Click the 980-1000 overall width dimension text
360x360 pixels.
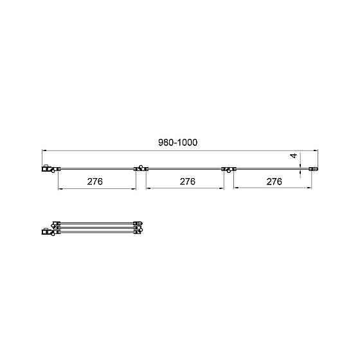click(177, 143)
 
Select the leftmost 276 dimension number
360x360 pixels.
click(95, 181)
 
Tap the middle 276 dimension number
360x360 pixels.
click(187, 181)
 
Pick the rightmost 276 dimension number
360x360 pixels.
click(274, 182)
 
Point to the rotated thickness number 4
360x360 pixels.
click(293, 156)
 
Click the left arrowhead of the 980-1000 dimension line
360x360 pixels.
click(44, 151)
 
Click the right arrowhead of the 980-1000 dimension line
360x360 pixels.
click(316, 151)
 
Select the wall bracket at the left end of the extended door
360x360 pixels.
click(47, 168)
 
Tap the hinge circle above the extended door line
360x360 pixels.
click(141, 166)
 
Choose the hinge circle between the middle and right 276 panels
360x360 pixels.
click(229, 171)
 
